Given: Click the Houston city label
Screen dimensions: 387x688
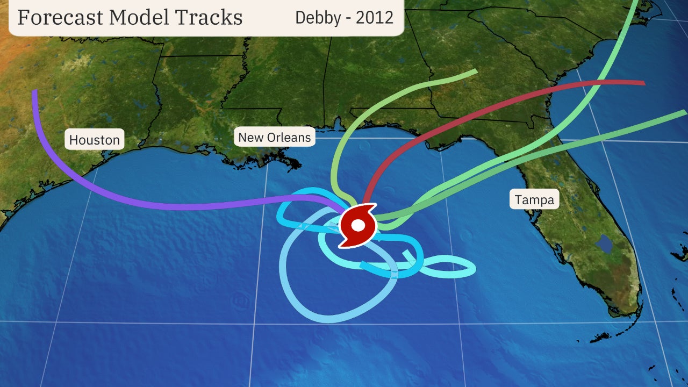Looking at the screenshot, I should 95,140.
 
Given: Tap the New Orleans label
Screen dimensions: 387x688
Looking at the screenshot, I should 274,137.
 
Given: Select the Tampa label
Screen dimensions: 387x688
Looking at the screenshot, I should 534,200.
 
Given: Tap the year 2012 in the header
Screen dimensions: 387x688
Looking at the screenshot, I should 375,17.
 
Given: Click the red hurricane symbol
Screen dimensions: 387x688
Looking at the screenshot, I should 357,225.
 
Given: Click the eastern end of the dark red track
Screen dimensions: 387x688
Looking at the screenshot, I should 643,83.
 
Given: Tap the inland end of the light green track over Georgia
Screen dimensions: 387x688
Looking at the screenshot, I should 475,71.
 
